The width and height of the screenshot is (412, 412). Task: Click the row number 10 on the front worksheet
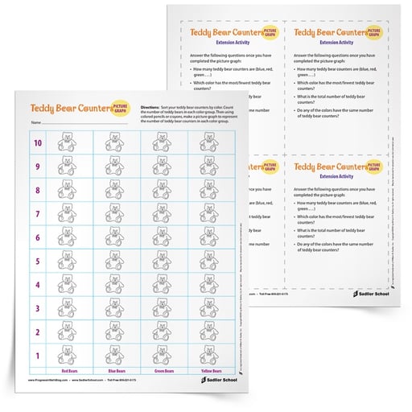(x=37, y=143)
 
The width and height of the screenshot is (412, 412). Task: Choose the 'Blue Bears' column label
(x=116, y=371)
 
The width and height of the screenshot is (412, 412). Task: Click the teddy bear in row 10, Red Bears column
(x=70, y=143)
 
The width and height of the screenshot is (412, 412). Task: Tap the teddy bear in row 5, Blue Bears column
(x=116, y=261)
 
